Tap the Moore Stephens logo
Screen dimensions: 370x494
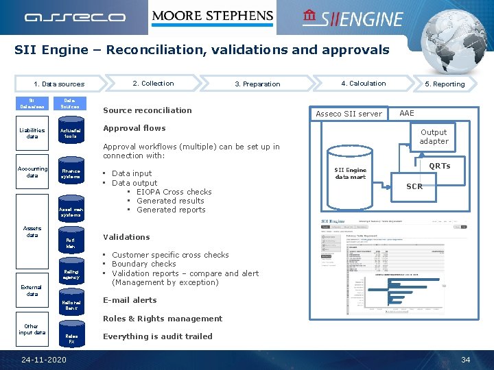[212, 16]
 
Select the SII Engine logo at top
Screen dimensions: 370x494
[353, 18]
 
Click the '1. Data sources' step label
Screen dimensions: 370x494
[59, 84]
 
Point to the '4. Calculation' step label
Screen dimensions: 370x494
[363, 84]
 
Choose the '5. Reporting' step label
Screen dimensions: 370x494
[444, 84]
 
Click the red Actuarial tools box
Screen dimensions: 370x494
[70, 133]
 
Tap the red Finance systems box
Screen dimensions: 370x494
[71, 174]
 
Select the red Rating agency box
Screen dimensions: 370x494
[71, 275]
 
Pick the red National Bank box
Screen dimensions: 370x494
[71, 306]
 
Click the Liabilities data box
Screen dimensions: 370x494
[32, 133]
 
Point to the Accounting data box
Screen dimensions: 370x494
[32, 172]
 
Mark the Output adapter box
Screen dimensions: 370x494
[434, 136]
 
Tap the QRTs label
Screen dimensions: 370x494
[439, 166]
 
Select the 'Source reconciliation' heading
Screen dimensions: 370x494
[147, 110]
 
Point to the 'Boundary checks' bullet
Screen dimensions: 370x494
[143, 264]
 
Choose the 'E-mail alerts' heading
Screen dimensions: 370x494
[130, 300]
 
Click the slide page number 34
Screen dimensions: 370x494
[465, 360]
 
